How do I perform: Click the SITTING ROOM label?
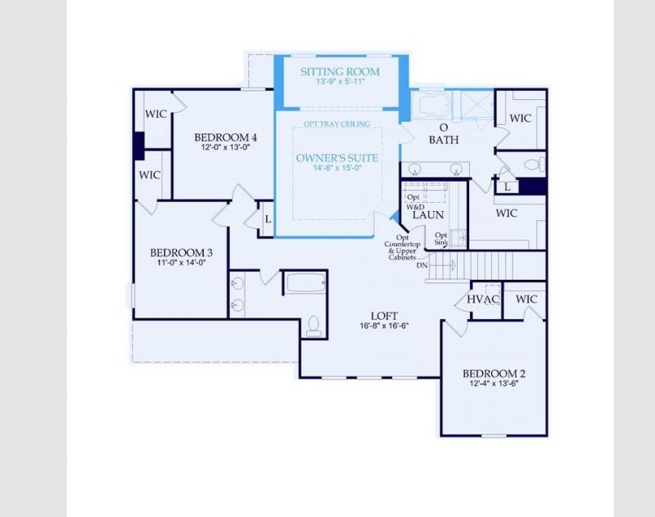tap(340, 71)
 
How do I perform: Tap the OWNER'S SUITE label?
tap(337, 157)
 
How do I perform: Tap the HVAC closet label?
tap(483, 299)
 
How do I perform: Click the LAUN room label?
tap(427, 214)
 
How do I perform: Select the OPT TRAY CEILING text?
tap(337, 124)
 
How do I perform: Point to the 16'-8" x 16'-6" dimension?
tap(383, 325)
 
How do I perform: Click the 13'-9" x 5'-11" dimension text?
tap(340, 83)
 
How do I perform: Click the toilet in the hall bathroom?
tap(312, 327)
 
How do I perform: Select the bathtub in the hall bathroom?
tap(305, 283)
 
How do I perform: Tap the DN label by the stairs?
tap(422, 265)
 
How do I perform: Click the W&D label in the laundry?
tap(415, 207)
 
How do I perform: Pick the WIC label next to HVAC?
tap(526, 299)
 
